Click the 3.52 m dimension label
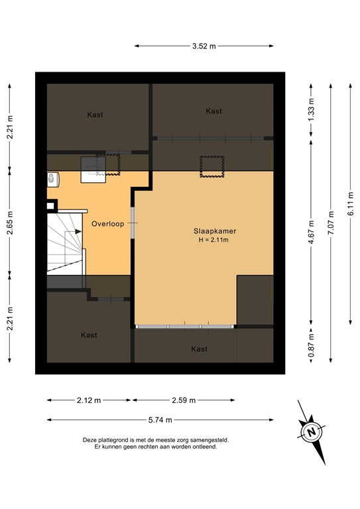[204, 46]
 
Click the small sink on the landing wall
[52, 178]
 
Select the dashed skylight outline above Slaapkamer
[211, 166]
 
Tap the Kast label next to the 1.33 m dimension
[213, 111]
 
